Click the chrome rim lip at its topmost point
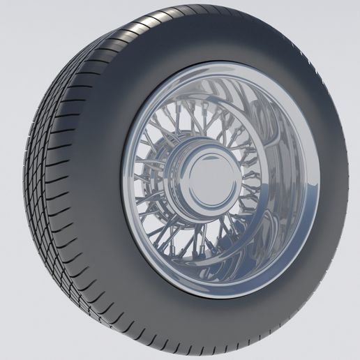(222, 64)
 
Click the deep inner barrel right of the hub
(279, 181)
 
